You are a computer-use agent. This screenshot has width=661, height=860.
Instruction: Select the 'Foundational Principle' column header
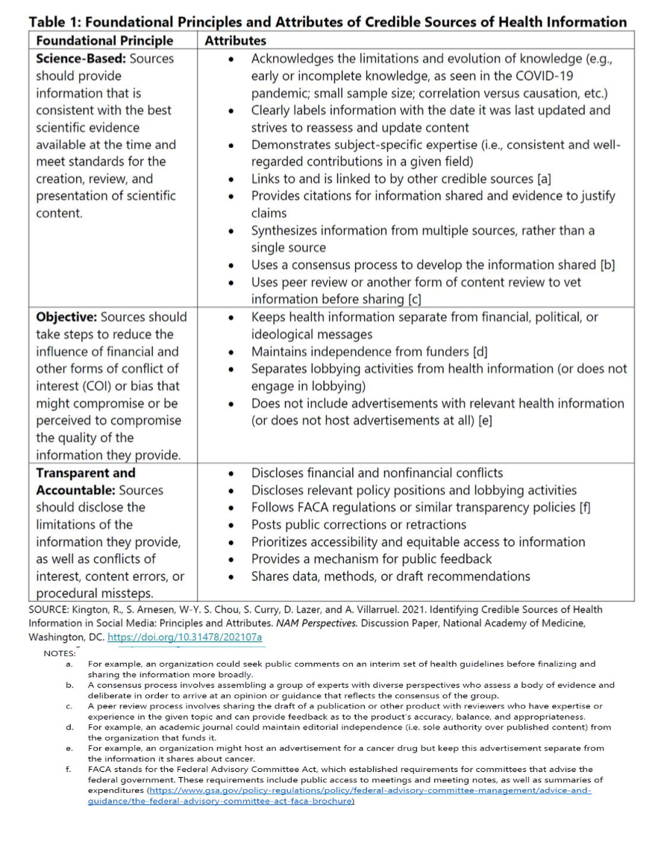point(104,40)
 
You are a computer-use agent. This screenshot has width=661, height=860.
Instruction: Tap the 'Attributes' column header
point(235,40)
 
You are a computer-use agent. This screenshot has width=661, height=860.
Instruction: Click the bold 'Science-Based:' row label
point(81,58)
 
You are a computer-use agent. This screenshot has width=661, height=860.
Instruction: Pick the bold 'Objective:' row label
point(66,317)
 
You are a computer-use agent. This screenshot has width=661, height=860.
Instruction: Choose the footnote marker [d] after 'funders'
point(480,352)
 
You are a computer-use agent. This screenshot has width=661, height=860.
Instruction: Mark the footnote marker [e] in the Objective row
point(485,420)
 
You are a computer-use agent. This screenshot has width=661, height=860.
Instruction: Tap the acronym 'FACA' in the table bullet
point(315,508)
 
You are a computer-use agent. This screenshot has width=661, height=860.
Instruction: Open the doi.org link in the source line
point(184,638)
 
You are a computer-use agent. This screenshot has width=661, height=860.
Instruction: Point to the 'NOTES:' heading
point(60,652)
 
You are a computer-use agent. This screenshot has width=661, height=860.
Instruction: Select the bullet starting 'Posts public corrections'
point(358,525)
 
